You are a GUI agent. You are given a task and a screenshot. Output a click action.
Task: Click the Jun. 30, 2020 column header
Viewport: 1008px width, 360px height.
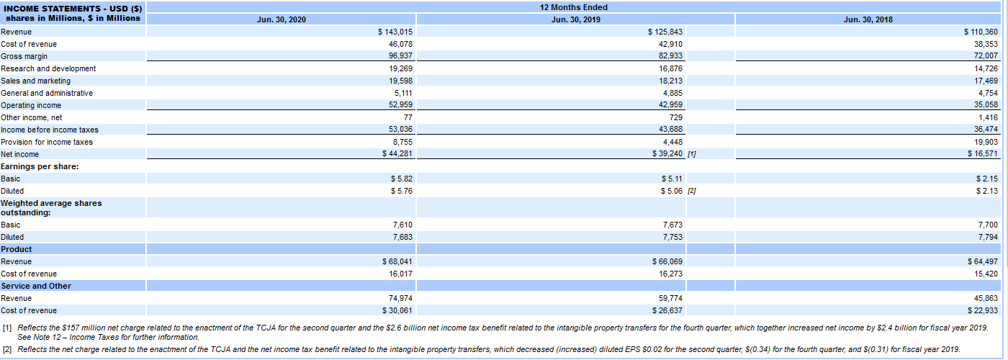281,19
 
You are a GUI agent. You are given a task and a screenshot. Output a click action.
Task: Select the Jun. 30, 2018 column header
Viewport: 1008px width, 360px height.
868,19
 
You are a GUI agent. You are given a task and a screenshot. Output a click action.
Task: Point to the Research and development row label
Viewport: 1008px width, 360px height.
48,68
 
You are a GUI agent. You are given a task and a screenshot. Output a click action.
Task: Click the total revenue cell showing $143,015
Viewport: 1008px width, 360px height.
395,32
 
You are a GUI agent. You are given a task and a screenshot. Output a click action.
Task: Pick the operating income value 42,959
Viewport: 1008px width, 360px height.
671,105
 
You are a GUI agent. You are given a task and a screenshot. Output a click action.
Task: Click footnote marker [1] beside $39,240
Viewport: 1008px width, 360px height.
692,154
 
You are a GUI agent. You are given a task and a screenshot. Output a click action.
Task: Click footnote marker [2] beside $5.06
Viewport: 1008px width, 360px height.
692,191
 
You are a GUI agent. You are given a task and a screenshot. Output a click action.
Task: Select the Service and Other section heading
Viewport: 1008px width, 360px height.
36,286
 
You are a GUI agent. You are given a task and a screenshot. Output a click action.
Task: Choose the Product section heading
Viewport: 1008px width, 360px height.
17,249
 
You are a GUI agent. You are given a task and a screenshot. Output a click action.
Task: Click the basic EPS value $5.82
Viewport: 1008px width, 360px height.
400,179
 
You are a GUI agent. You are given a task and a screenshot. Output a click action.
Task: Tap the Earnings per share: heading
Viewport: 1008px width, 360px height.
40,166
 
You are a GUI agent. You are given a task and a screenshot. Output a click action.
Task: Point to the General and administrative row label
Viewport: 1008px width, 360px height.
47,93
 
